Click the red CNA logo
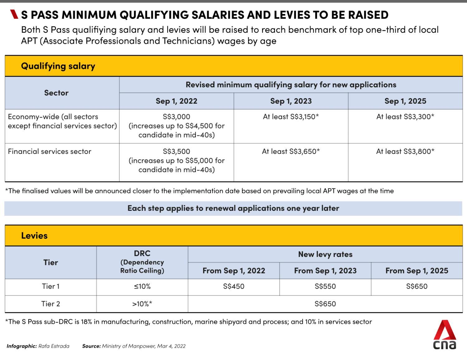tap(445, 334)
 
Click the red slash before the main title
tap(14, 14)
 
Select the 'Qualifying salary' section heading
tap(58, 66)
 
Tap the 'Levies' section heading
tap(34, 236)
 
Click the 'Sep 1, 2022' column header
tap(177, 101)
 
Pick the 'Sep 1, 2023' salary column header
tap(291, 101)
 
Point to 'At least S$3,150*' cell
tap(291, 117)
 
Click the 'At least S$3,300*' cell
tap(405, 117)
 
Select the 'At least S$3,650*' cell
tap(291, 152)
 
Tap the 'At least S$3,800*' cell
tap(405, 152)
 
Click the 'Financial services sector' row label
tap(50, 152)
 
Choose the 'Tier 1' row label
tap(51, 287)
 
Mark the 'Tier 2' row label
tap(51, 304)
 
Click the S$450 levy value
tap(233, 287)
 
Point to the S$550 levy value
tap(325, 287)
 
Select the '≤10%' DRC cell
tap(142, 287)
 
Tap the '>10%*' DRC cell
tap(142, 304)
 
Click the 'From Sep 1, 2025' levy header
tap(417, 271)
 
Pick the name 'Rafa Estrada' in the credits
tap(54, 346)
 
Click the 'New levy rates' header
tap(325, 254)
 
